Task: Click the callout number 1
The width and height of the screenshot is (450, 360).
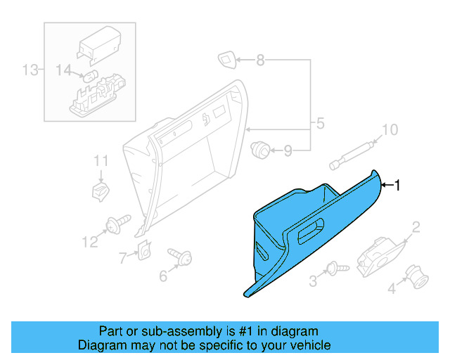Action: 397,185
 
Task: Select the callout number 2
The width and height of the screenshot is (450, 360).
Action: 416,226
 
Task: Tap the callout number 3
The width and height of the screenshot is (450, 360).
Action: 314,281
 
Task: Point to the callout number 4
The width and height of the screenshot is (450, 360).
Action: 392,287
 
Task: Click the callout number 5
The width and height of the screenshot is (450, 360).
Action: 320,124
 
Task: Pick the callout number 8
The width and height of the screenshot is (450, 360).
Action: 261,60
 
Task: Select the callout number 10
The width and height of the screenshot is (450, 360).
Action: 389,130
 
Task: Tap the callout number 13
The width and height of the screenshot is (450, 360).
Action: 30,70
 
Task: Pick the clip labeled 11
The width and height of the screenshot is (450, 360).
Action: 101,189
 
